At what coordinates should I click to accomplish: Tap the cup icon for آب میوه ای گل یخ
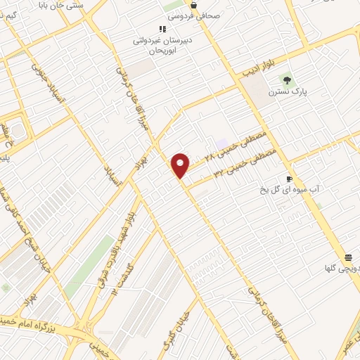[289, 179]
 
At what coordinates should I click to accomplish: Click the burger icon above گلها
[348, 257]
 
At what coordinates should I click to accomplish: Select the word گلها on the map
[333, 268]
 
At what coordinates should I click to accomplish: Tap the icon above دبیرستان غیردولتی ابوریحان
[162, 29]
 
